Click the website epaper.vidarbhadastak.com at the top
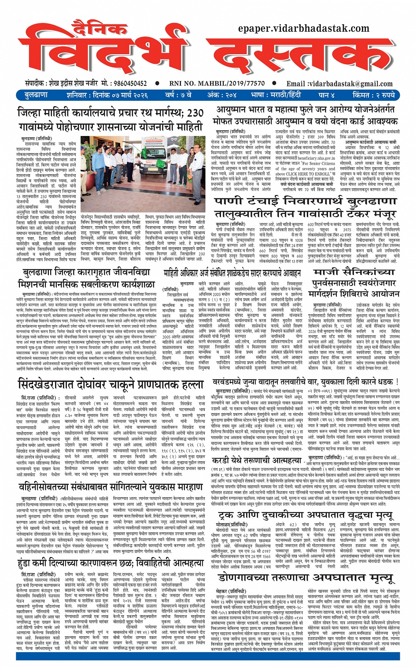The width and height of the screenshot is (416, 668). point(303,29)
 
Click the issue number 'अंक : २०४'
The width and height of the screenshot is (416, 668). point(221,95)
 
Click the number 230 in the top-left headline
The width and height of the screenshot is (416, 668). point(195,113)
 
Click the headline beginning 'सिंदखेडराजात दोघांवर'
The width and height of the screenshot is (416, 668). point(110,385)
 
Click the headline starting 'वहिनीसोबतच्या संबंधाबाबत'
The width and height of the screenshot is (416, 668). point(110,488)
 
